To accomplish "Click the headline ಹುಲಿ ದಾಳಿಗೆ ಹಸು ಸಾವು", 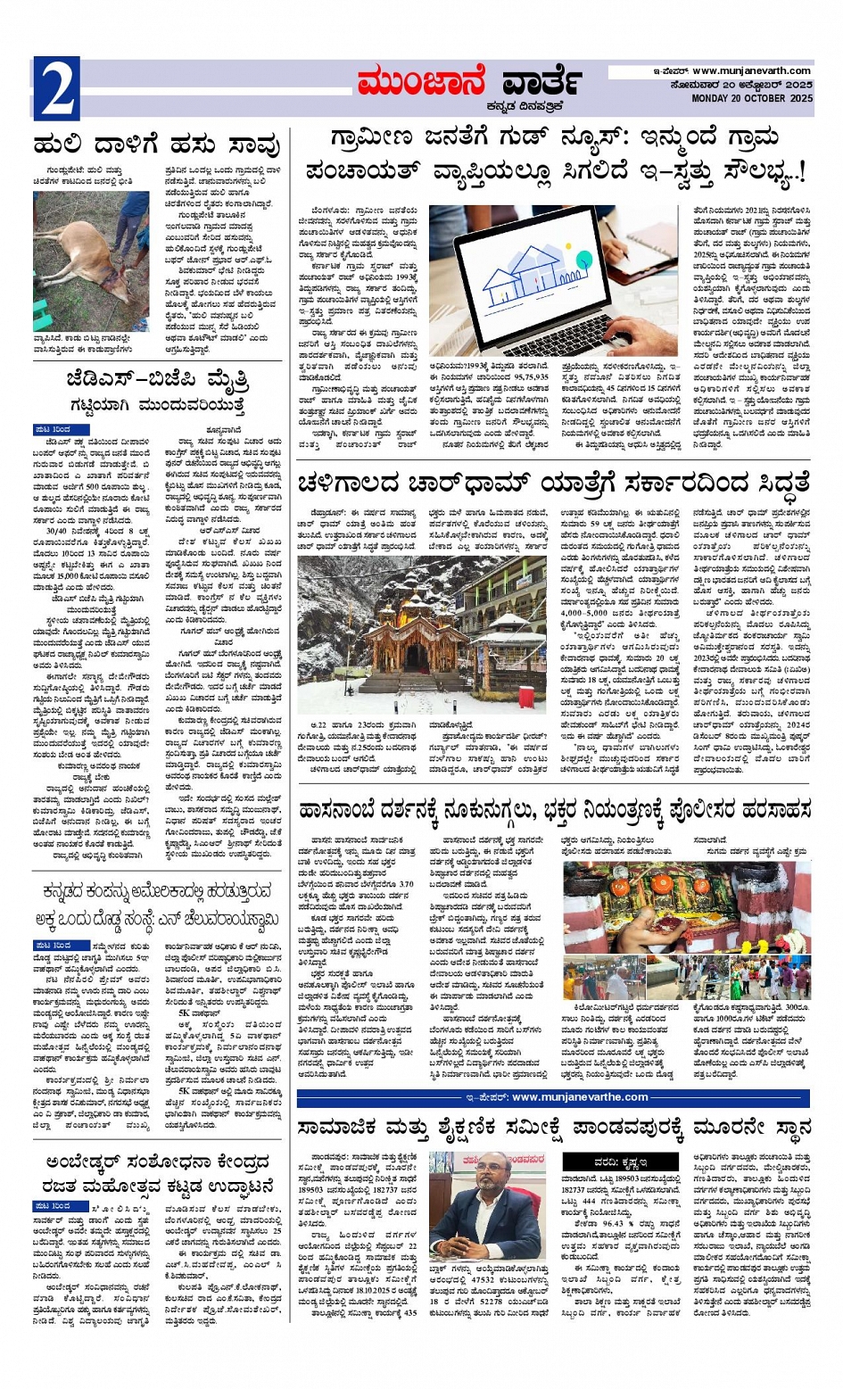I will point(157,145).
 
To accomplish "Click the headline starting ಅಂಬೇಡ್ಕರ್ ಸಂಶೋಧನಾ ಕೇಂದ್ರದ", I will point(157,1162).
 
